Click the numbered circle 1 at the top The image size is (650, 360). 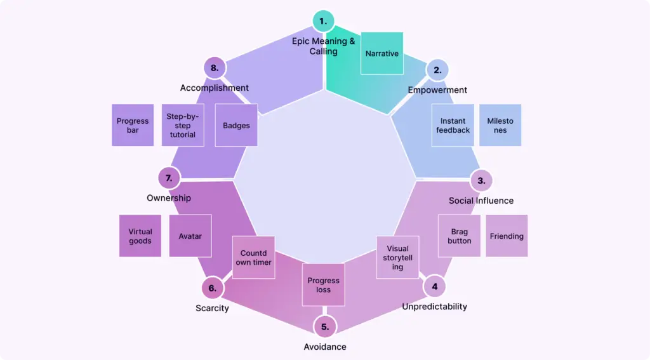click(324, 21)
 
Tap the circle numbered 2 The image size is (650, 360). click(437, 70)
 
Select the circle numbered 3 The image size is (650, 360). click(481, 180)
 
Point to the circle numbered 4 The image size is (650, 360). click(435, 286)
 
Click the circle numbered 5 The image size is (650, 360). click(325, 327)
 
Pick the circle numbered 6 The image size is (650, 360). click(213, 288)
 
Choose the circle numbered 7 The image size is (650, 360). click(169, 178)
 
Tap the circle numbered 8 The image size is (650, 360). click(215, 67)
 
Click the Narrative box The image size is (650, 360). click(382, 53)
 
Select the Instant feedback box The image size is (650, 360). click(453, 126)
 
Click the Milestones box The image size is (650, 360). click(500, 126)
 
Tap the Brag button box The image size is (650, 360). click(460, 236)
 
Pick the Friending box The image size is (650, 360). click(507, 236)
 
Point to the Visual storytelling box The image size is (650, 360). click(398, 258)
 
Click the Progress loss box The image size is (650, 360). click(324, 285)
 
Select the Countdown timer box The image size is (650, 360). click(253, 258)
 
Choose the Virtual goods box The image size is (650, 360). click(140, 236)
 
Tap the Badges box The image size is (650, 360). click(236, 126)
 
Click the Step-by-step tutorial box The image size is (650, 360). click(183, 126)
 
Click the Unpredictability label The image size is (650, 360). click(435, 307)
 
